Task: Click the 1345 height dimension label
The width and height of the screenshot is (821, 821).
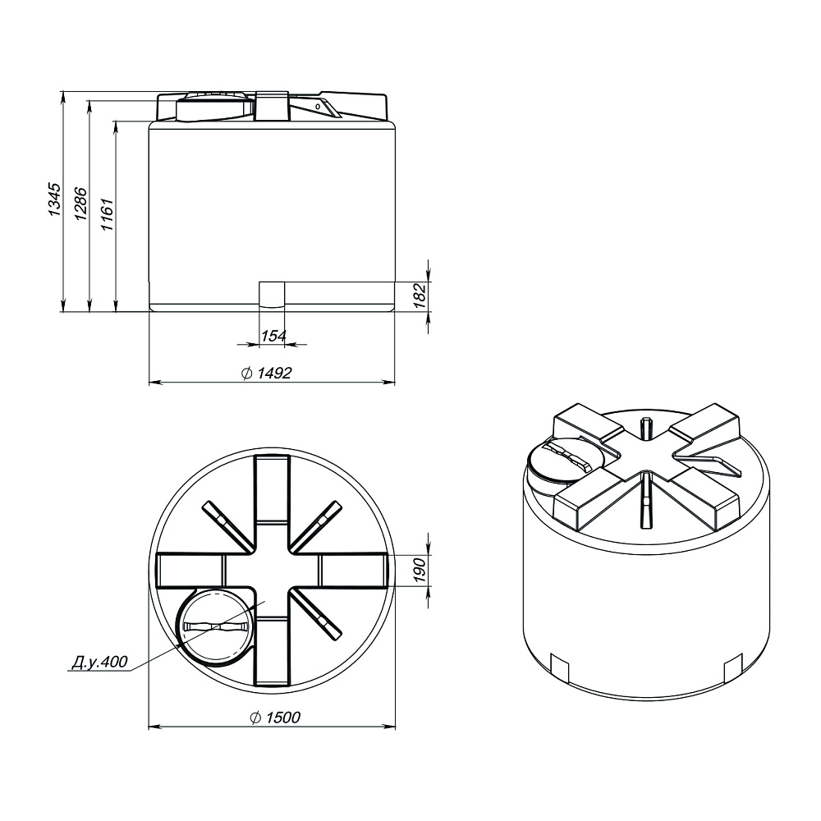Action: (54, 200)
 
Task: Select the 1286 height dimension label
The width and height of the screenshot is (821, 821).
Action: (80, 203)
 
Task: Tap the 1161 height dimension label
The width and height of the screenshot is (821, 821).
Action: (107, 214)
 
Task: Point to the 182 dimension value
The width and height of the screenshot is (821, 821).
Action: (420, 296)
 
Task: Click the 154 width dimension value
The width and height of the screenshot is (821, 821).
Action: (273, 336)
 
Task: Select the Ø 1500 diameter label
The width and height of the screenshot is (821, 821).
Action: (275, 717)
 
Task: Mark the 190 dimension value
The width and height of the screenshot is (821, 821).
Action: (420, 570)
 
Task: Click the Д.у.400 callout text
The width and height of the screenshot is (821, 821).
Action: (99, 662)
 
